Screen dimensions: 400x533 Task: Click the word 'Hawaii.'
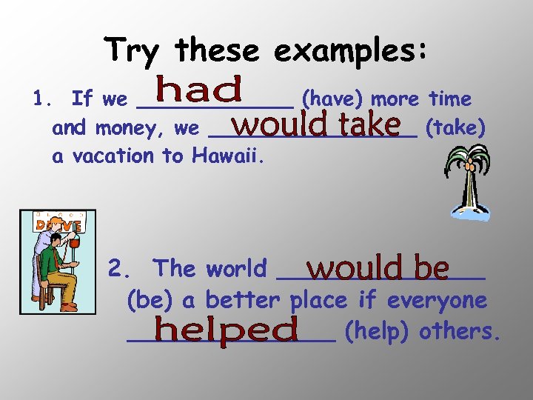[222, 156]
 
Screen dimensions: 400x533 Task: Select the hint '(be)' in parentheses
[150, 301]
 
